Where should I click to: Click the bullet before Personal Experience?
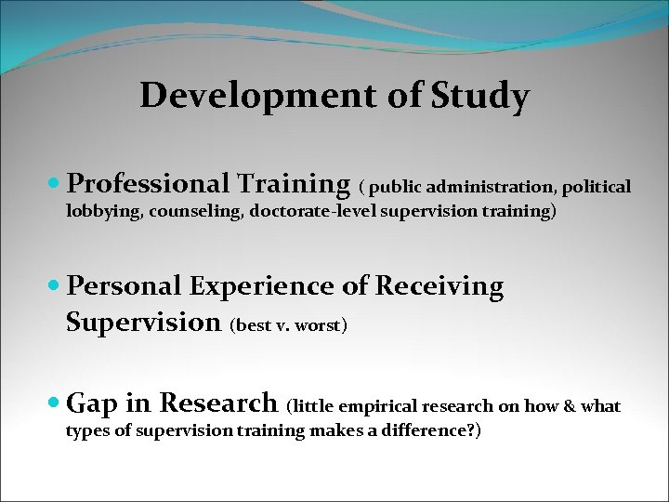point(58,286)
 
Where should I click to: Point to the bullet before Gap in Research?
point(58,403)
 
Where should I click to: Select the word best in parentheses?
point(254,326)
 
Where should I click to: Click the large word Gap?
point(91,403)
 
